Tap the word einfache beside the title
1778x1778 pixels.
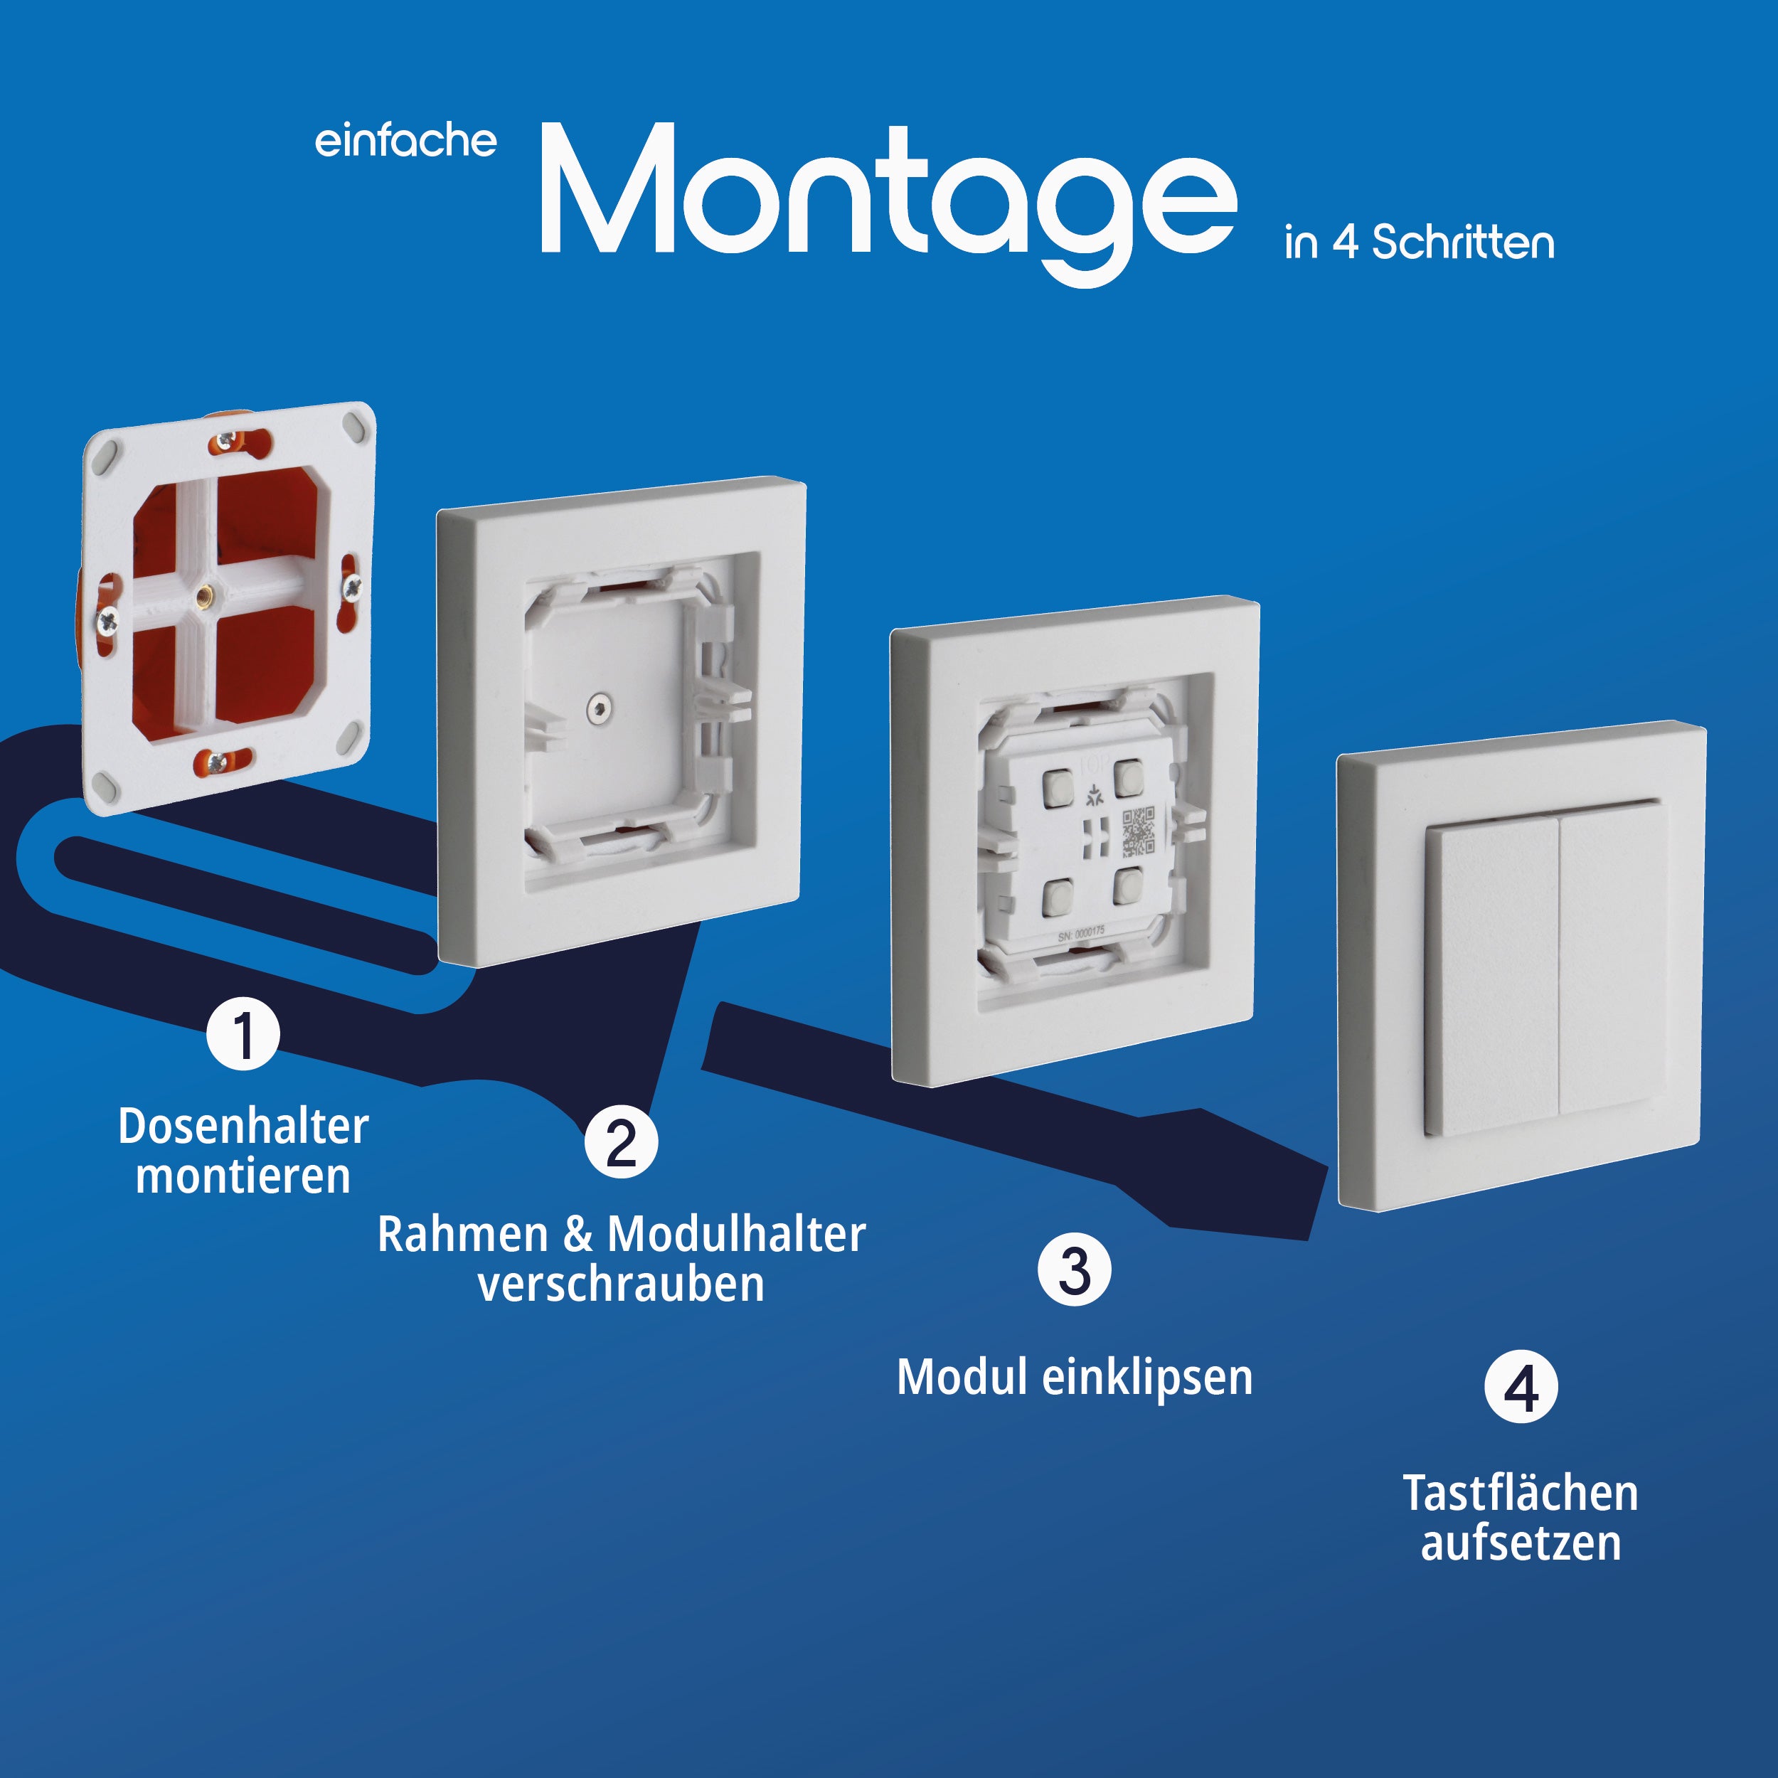tap(406, 141)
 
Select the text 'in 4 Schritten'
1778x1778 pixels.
tap(1419, 243)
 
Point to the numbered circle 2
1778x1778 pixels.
tap(621, 1142)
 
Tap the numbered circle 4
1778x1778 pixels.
tap(1521, 1387)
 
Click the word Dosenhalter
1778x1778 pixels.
tap(244, 1126)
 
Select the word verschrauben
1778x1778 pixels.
tap(621, 1284)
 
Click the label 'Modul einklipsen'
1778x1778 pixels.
tap(1075, 1378)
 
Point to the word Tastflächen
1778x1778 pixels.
tap(1521, 1493)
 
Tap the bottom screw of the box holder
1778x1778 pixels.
tap(218, 761)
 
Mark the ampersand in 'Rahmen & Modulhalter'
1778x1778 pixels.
tap(578, 1234)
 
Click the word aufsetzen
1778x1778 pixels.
tap(1521, 1543)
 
